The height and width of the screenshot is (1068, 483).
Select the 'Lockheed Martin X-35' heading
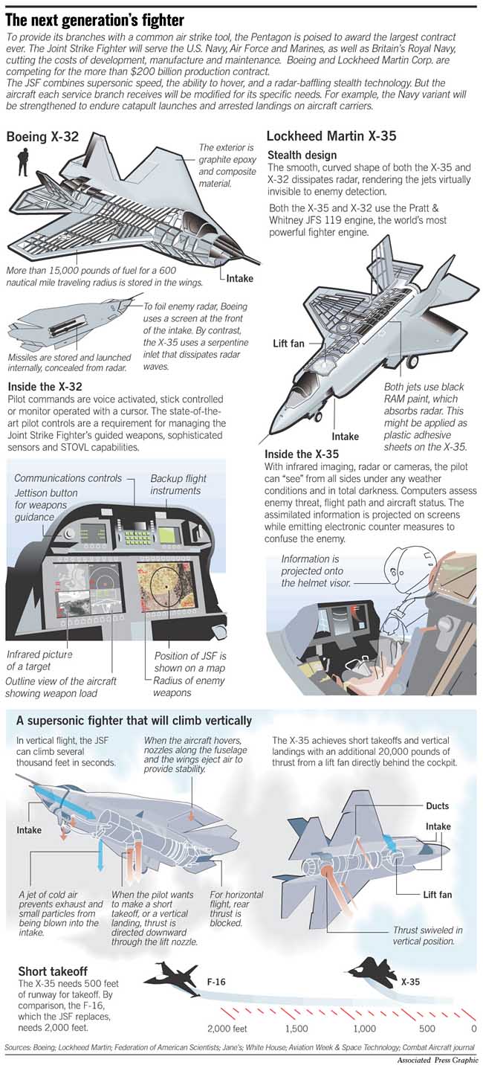pos(331,136)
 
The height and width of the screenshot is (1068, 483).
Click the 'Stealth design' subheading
pos(303,154)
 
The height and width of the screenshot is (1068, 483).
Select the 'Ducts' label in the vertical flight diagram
pos(437,806)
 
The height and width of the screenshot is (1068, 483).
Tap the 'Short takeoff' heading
pos(53,972)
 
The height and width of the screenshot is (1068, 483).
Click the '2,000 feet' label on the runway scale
pos(227,1029)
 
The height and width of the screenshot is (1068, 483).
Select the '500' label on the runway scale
pos(427,1029)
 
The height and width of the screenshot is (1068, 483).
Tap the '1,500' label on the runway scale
pos(297,1029)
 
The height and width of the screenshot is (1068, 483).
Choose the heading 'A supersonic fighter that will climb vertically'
pos(134,721)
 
